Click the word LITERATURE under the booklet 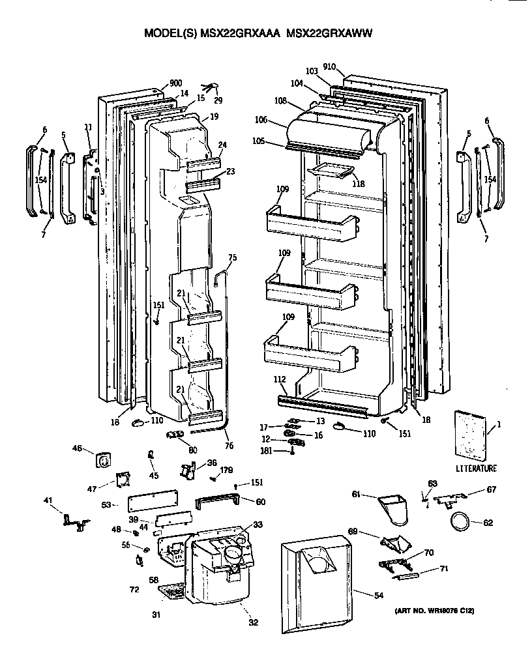476,468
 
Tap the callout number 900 175,83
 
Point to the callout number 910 329,66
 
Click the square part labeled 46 103,460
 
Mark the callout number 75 232,258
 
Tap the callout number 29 218,100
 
